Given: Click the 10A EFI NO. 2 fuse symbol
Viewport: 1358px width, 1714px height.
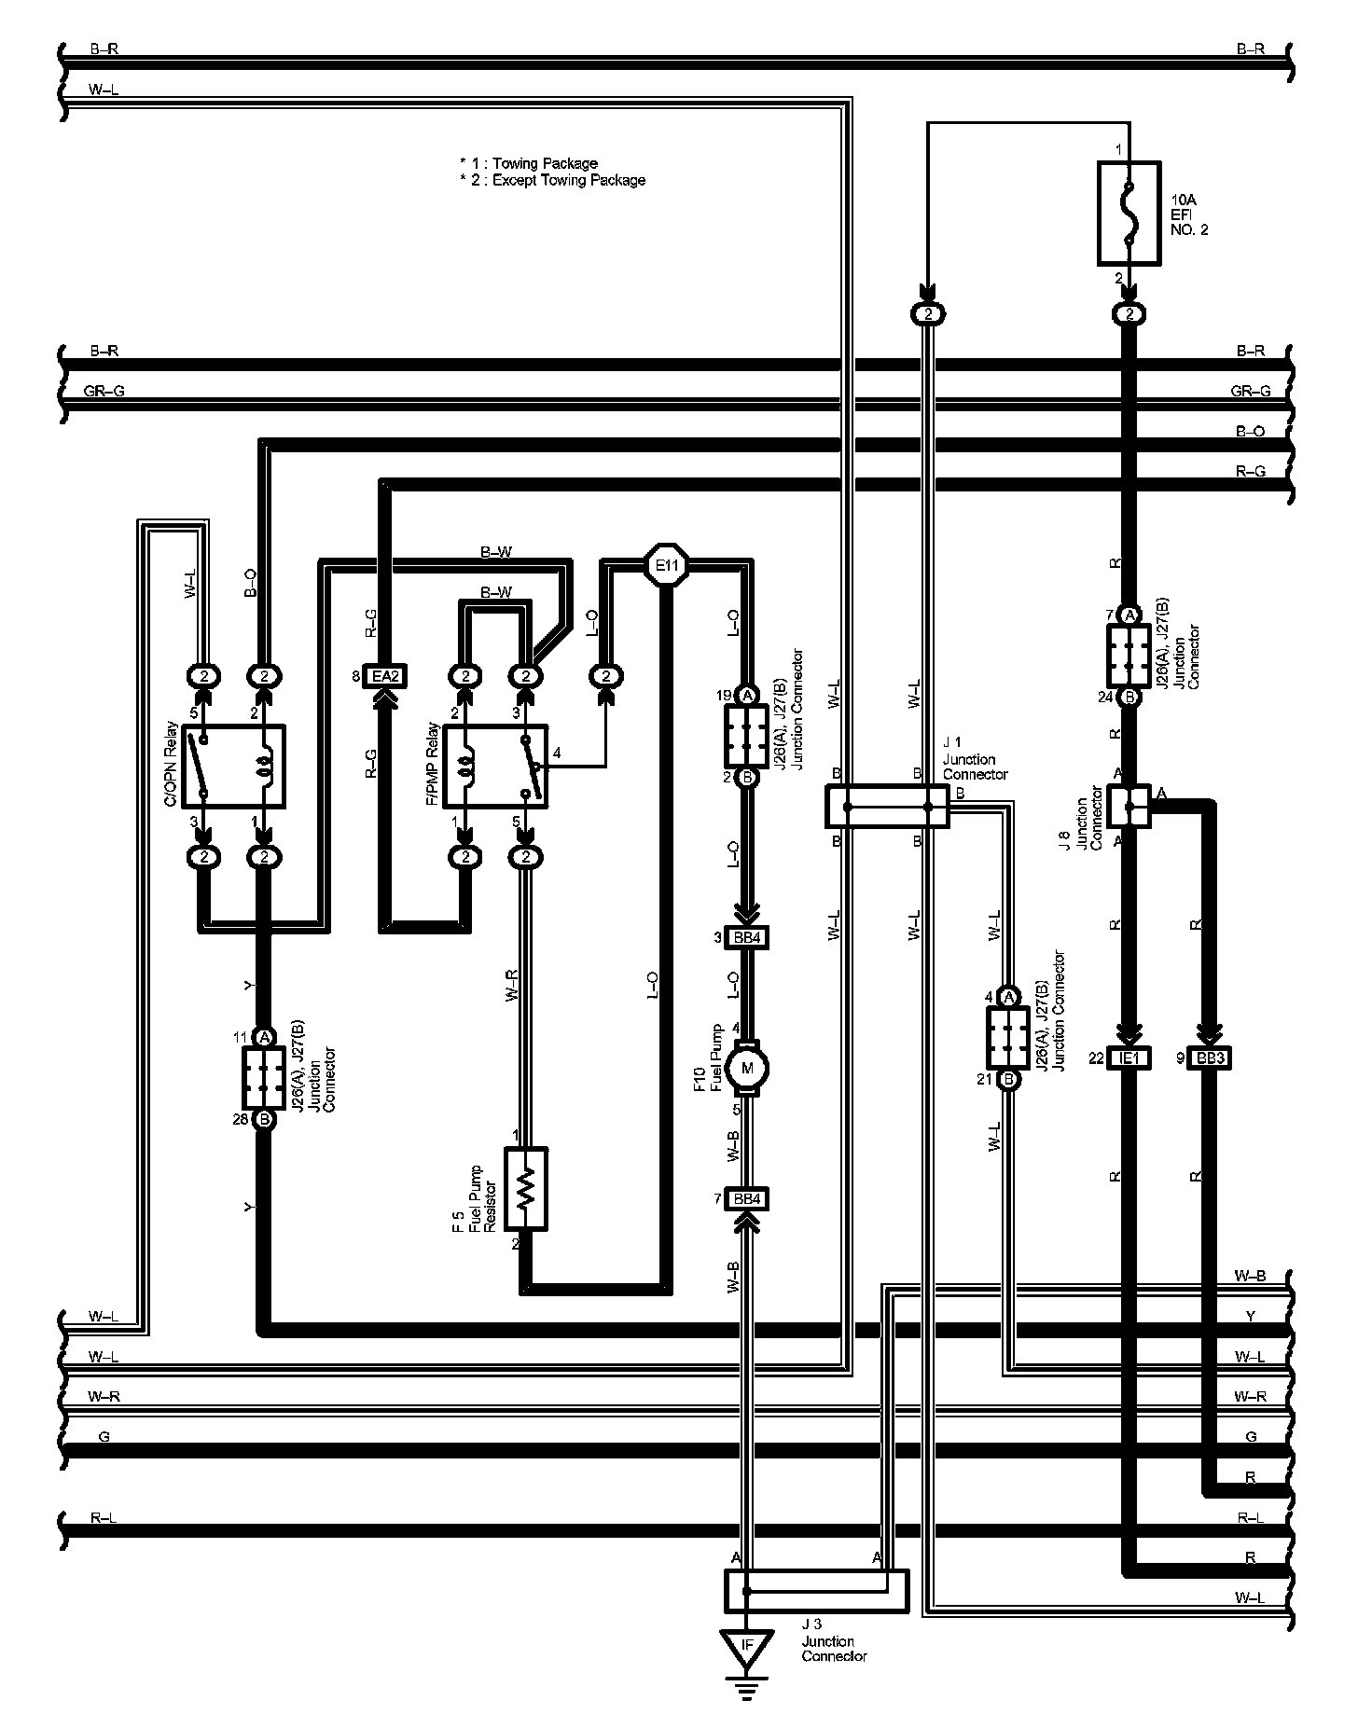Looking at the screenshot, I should click(x=1129, y=214).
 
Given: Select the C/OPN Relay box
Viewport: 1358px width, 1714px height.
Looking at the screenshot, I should click(x=233, y=766).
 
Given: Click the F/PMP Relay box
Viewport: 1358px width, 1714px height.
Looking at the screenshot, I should click(x=494, y=767).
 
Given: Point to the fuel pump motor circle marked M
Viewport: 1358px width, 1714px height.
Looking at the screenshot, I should click(x=746, y=1066).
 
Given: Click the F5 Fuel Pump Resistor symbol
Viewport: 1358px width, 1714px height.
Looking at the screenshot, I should click(x=526, y=1187).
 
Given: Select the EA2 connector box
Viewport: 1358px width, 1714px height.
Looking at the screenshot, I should click(x=385, y=676).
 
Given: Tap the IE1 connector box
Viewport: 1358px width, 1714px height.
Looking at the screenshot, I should click(x=1129, y=1058).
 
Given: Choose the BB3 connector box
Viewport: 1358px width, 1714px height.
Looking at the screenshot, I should click(x=1209, y=1058).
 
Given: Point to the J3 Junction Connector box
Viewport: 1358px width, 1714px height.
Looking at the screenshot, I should click(x=816, y=1591).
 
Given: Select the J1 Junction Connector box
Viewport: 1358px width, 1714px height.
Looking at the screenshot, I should click(x=887, y=806).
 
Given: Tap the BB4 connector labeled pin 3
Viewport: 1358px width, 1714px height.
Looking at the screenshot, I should click(x=746, y=937).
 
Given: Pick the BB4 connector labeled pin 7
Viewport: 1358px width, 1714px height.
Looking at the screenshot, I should click(x=746, y=1198).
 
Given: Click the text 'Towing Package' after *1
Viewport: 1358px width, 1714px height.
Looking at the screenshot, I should click(x=545, y=163).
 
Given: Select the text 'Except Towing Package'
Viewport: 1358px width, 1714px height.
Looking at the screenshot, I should click(x=568, y=180).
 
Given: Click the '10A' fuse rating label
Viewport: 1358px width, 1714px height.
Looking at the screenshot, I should click(x=1183, y=200).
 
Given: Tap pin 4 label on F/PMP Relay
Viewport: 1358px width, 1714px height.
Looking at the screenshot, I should click(x=557, y=753).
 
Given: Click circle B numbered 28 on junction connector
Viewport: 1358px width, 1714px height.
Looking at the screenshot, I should click(x=264, y=1119).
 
